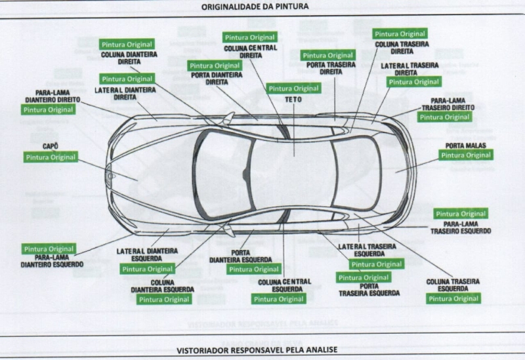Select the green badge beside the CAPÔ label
51,157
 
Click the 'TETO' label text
293,99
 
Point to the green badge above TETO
293,89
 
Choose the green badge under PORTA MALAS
466,155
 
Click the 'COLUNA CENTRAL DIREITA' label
250,52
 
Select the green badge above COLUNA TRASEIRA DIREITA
400,34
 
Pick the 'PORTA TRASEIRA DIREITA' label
331,68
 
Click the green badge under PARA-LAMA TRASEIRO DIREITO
444,117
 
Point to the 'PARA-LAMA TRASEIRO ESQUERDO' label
461,228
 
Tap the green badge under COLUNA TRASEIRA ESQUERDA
453,299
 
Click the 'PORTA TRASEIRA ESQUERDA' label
369,290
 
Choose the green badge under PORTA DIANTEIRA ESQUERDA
254,270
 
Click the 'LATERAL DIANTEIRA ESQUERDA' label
148,254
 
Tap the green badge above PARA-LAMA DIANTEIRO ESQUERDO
49,249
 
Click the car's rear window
355,174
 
